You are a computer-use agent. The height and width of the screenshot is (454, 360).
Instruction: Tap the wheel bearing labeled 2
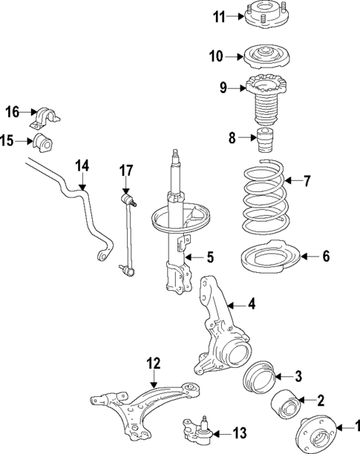[286, 404]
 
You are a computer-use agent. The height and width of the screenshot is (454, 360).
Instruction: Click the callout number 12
[153, 363]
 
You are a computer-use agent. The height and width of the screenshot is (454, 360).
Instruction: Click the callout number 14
[81, 165]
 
